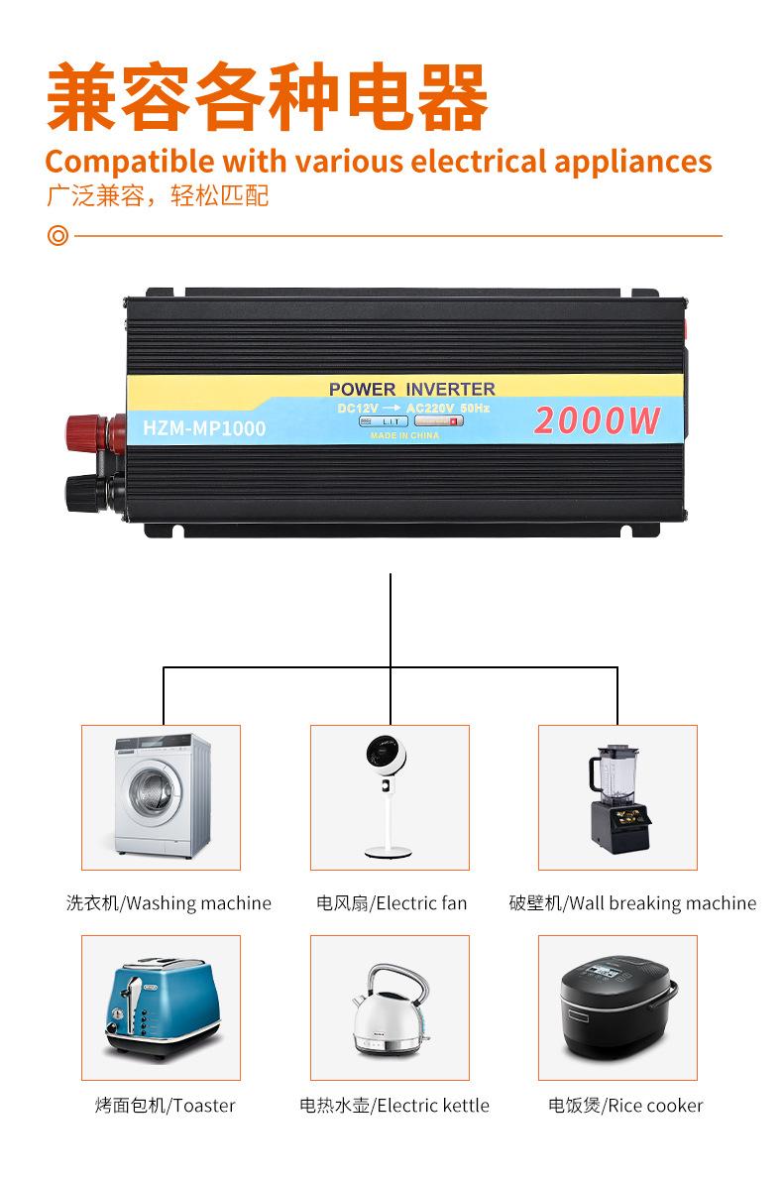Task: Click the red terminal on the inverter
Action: (92, 433)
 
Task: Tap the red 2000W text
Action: (597, 420)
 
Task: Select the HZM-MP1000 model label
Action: (204, 428)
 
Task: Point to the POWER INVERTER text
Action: (411, 389)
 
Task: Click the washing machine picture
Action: (161, 797)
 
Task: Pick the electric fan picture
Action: (390, 797)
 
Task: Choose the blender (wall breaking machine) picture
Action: (617, 797)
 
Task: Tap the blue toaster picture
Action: (161, 1007)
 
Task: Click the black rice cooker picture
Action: (617, 1007)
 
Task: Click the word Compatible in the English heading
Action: (130, 161)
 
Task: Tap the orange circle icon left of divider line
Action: (58, 237)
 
